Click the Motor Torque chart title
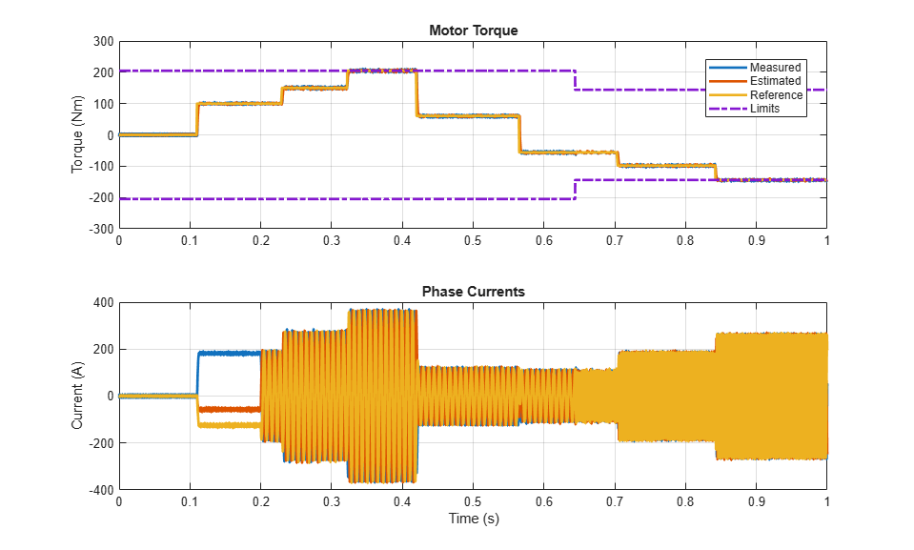click(x=474, y=31)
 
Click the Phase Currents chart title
click(x=474, y=292)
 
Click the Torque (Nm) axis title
click(x=77, y=134)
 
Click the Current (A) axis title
click(x=77, y=396)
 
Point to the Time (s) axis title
click(x=474, y=519)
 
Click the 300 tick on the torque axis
click(x=104, y=41)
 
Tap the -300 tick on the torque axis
click(x=101, y=229)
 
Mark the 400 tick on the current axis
click(x=104, y=303)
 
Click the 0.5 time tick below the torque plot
click(x=473, y=240)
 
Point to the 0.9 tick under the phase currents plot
click(x=756, y=501)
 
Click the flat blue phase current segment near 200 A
click(x=230, y=354)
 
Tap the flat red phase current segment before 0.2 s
click(x=230, y=410)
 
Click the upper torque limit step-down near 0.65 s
click(x=576, y=80)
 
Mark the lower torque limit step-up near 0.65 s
click(x=576, y=190)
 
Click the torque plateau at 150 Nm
click(x=315, y=88)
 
